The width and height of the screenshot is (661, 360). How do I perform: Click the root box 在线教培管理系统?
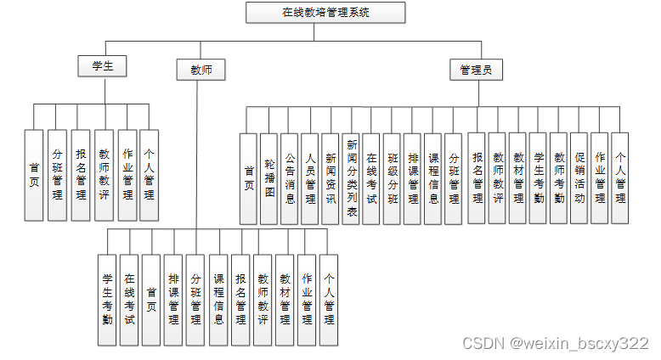click(x=325, y=13)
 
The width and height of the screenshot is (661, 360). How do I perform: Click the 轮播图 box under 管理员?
click(x=268, y=178)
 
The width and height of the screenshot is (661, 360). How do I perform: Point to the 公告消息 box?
click(x=289, y=178)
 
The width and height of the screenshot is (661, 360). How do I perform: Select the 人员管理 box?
click(x=310, y=178)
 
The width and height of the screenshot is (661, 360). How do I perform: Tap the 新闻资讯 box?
click(x=330, y=178)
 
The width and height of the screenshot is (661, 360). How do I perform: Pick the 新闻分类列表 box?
click(x=351, y=178)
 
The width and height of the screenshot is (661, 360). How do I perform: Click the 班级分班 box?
click(x=393, y=178)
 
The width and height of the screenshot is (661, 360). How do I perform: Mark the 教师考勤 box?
click(x=558, y=178)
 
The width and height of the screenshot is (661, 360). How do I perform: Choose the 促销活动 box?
click(x=579, y=178)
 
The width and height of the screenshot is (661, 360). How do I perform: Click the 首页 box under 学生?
click(x=34, y=175)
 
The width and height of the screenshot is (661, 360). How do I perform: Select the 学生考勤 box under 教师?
click(x=107, y=300)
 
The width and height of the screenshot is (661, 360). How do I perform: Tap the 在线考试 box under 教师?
click(x=129, y=300)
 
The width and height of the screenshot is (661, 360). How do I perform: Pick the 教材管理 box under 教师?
click(x=285, y=300)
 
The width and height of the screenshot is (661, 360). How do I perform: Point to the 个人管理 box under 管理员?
click(x=620, y=178)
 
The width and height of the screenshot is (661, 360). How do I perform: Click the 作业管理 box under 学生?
click(x=127, y=175)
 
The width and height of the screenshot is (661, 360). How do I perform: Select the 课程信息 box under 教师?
click(x=218, y=300)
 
